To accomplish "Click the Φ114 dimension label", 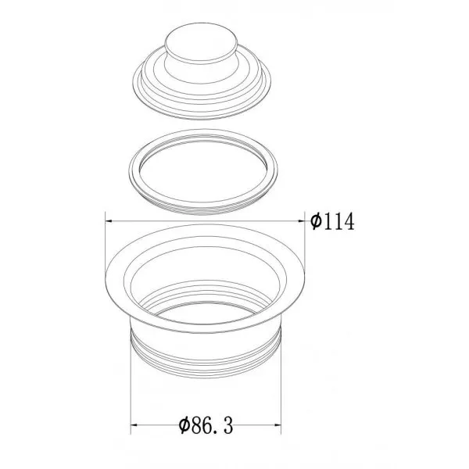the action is click(332, 222).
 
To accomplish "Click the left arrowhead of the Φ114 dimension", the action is click(109, 221).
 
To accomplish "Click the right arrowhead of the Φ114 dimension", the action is click(301, 221).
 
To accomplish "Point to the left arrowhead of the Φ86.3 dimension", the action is click(134, 424).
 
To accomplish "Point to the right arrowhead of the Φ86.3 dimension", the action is click(277, 424).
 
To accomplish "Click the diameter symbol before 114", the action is click(316, 222).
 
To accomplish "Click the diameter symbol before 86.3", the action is click(184, 425).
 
